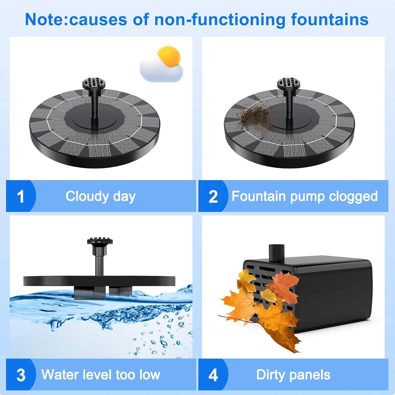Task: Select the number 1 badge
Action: coord(21,196)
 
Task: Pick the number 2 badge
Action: coord(213,196)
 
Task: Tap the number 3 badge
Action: coord(21,375)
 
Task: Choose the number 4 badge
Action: coord(213,375)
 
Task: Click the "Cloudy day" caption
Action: coord(101,196)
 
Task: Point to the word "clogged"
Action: coord(353,196)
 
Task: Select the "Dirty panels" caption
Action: coord(293,375)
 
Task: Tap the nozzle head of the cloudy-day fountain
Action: coord(94,83)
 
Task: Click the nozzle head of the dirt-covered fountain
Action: coord(289,83)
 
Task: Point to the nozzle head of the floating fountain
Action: coord(100,241)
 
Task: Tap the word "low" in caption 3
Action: coord(150,374)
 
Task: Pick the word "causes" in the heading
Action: coord(98,19)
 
